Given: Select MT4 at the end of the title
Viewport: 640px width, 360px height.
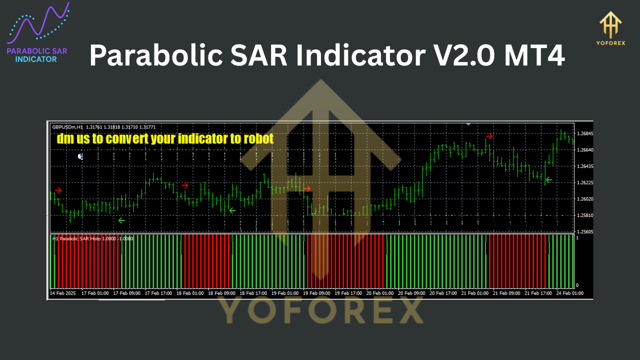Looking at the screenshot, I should tap(534, 55).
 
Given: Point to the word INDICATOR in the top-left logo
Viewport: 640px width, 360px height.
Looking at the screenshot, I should tap(36, 59).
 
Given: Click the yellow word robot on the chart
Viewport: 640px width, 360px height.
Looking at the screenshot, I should tap(258, 138).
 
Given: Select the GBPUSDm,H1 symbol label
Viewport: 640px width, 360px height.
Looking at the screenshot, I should tap(67, 127).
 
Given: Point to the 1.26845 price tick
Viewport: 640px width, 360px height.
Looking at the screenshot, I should tap(584, 134).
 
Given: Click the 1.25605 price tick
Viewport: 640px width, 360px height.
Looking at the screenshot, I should tap(584, 232).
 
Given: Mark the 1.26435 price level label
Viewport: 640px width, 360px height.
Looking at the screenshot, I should tap(584, 166).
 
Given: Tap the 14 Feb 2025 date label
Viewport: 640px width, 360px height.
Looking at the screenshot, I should tap(63, 293).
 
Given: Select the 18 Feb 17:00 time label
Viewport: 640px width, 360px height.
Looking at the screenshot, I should tap(254, 293).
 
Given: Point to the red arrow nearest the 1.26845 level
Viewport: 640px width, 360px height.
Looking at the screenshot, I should tap(489, 136).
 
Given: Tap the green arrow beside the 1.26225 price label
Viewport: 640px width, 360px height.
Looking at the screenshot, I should tap(548, 179).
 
